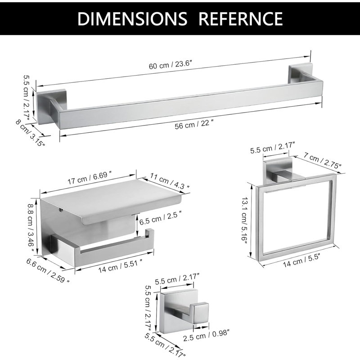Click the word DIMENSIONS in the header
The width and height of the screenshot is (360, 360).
click(132, 18)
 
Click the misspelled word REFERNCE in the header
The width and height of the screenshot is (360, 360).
click(241, 18)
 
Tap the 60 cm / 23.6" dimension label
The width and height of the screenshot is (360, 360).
click(170, 64)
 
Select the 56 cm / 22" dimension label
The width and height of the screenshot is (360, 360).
click(193, 125)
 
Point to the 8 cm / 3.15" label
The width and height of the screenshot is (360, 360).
click(30, 133)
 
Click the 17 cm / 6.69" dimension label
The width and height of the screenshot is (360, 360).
click(90, 177)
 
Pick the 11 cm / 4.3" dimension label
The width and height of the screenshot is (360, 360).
click(170, 181)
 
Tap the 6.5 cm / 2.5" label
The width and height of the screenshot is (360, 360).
click(161, 219)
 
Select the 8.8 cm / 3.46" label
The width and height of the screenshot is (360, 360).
click(31, 227)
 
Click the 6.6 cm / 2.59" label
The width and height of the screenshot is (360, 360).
click(48, 270)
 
